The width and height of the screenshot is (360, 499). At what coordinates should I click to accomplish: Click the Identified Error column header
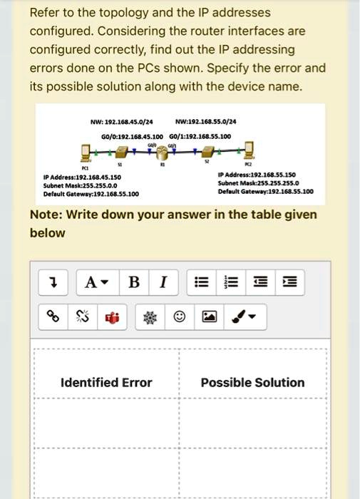[106, 383]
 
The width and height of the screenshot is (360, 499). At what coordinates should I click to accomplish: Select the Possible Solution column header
[252, 383]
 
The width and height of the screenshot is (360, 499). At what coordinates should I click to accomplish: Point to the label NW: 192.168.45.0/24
[118, 120]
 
